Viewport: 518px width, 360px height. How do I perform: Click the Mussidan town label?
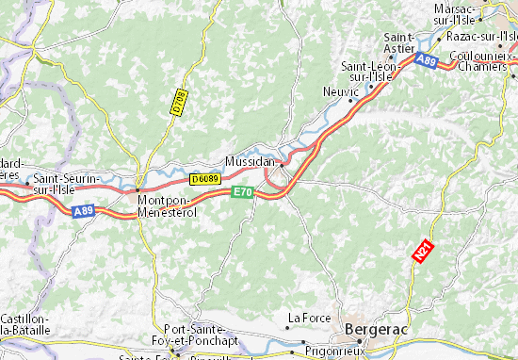coord(250,161)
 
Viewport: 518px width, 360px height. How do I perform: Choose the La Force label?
coord(309,317)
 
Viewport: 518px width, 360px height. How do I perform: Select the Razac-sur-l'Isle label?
coord(482,36)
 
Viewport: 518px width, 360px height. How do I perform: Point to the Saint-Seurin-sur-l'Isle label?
coord(67,182)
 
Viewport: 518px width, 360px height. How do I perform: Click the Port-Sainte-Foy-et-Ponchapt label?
coord(201,335)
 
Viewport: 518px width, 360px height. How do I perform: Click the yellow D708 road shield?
coord(177,103)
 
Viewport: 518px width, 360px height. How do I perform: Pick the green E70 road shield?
coord(243,191)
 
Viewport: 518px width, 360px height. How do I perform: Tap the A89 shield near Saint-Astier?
coord(426,59)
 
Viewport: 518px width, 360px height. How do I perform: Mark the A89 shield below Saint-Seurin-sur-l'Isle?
coord(84,212)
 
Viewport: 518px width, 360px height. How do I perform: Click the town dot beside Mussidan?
coord(281,163)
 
